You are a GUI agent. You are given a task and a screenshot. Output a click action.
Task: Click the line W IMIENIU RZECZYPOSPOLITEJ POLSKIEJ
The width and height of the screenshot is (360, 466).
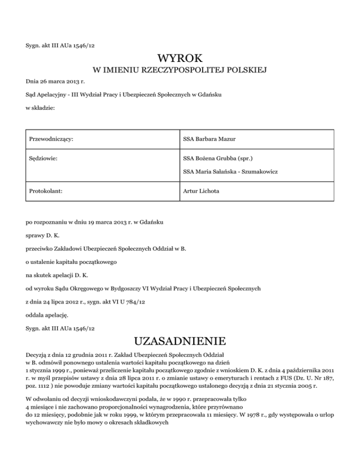point(180,70)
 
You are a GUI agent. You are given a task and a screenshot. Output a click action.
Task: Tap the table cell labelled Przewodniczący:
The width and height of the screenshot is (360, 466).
point(52,139)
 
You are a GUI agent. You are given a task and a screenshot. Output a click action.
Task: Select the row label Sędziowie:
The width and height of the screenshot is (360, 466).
point(43,159)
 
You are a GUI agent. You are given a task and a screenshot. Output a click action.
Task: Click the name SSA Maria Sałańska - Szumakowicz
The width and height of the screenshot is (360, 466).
point(231,172)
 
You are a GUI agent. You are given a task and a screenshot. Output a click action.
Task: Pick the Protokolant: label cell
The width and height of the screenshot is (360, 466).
point(46,191)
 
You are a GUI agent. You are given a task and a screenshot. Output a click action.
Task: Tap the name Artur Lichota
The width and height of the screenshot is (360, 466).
point(202,191)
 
